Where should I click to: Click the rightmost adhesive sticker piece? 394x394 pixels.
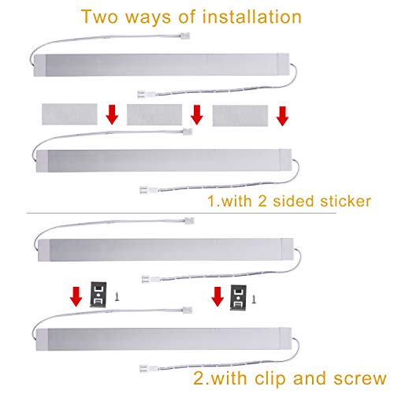[238, 115]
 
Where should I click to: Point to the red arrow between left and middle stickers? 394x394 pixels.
[112, 116]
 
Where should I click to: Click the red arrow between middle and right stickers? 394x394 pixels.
[196, 116]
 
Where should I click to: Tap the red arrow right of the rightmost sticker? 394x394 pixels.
[281, 116]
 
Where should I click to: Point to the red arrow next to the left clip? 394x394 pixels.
[75, 296]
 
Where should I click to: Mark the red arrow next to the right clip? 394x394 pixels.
[216, 298]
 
